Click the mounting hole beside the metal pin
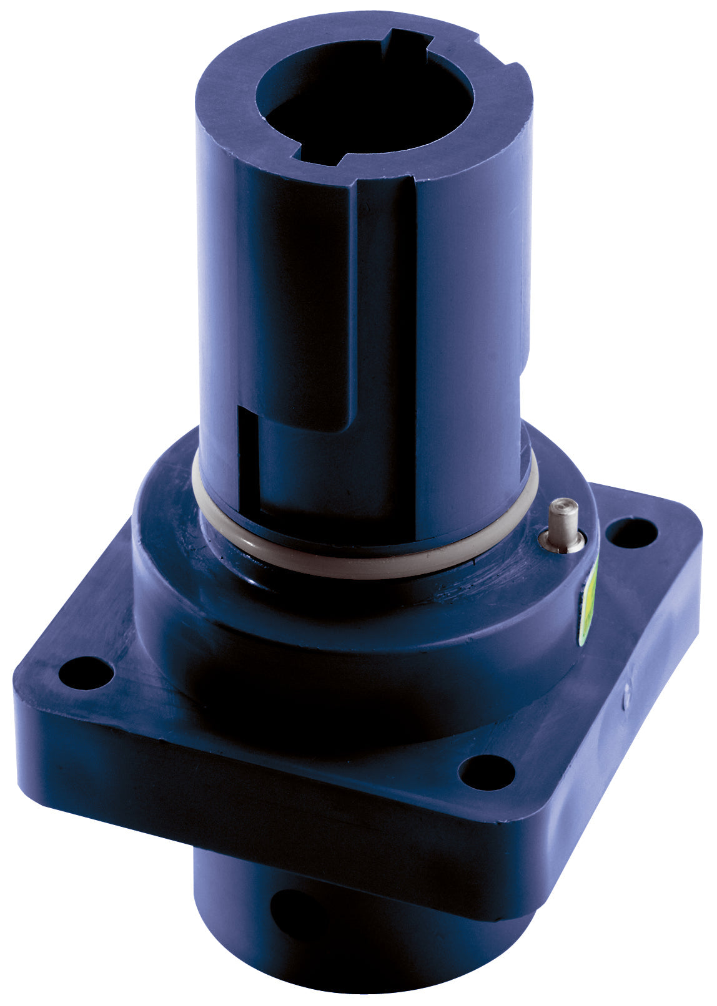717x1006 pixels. (x=632, y=533)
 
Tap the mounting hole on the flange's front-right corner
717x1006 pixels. (x=487, y=771)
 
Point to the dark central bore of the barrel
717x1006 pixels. (x=362, y=106)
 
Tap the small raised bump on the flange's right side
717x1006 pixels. (x=626, y=702)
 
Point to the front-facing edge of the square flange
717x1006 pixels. (x=250, y=786)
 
